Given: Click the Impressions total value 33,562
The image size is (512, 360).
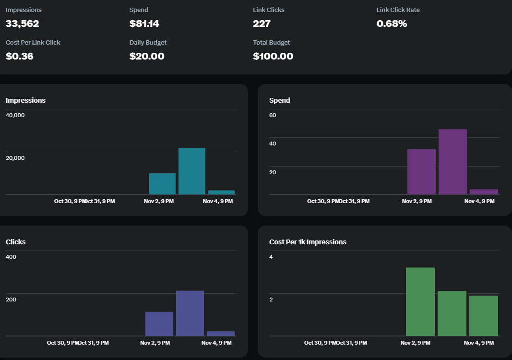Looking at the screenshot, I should pyautogui.click(x=22, y=24).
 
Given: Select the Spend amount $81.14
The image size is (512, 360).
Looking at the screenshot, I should pyautogui.click(x=144, y=24).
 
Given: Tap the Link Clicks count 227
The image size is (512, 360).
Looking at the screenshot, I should pyautogui.click(x=262, y=24).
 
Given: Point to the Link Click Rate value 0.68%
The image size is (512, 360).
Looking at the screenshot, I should pyautogui.click(x=392, y=24).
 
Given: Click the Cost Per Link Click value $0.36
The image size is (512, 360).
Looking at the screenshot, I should pyautogui.click(x=20, y=56).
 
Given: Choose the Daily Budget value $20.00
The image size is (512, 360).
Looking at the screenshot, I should pyautogui.click(x=147, y=56).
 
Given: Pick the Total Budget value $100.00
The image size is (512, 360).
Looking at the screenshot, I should pyautogui.click(x=273, y=56).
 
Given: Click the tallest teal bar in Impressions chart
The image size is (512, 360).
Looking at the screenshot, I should pyautogui.click(x=192, y=171).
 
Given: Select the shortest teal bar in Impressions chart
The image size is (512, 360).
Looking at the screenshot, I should pyautogui.click(x=221, y=192).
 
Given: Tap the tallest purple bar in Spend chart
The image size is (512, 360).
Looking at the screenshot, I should pyautogui.click(x=452, y=162).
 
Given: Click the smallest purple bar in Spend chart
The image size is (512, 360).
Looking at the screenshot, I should pyautogui.click(x=484, y=192).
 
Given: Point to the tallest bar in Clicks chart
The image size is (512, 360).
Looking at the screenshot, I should pyautogui.click(x=190, y=313).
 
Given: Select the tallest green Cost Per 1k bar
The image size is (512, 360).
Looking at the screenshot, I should pyautogui.click(x=420, y=301).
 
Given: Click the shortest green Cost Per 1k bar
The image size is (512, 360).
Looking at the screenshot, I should pyautogui.click(x=483, y=315).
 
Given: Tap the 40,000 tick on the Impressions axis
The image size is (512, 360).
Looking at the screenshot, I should pyautogui.click(x=15, y=115).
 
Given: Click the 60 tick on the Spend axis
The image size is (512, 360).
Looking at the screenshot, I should pyautogui.click(x=273, y=115).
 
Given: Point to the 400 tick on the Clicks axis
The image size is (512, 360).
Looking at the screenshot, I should pyautogui.click(x=11, y=257).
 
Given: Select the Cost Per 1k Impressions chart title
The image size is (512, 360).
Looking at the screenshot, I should pyautogui.click(x=308, y=242).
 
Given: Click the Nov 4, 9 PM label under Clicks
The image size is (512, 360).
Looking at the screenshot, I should pyautogui.click(x=216, y=343).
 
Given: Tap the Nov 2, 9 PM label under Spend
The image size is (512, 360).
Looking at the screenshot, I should pyautogui.click(x=417, y=201).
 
